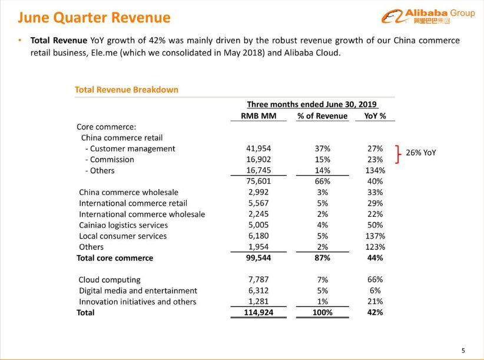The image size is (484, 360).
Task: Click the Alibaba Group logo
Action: pos(428,16)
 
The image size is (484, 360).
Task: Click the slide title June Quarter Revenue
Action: pos(94,17)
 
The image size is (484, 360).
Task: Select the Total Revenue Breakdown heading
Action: pos(127,90)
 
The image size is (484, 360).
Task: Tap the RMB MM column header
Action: pos(258,116)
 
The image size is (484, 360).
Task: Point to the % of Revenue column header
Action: pos(322,116)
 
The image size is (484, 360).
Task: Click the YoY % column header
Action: pos(375,116)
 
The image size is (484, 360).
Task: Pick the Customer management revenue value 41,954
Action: pos(258,148)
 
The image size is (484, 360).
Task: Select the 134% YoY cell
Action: pos(375,170)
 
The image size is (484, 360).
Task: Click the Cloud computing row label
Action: pos(110,280)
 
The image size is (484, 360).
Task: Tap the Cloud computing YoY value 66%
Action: pos(375,279)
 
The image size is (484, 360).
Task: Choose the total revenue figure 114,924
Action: pos(258,312)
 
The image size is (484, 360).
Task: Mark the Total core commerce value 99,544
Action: pos(258,258)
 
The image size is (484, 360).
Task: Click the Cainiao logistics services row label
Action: pos(124,225)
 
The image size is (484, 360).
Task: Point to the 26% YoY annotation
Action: pos(421,153)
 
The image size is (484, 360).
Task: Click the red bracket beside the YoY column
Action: pos(398,154)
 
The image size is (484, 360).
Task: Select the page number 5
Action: pos(463,351)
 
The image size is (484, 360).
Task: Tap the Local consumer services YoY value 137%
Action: pos(375,236)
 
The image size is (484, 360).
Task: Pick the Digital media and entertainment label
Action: pos(138,291)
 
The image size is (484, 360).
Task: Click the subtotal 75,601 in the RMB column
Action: pos(258,181)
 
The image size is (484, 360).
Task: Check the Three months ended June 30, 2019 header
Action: pos(311,104)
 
